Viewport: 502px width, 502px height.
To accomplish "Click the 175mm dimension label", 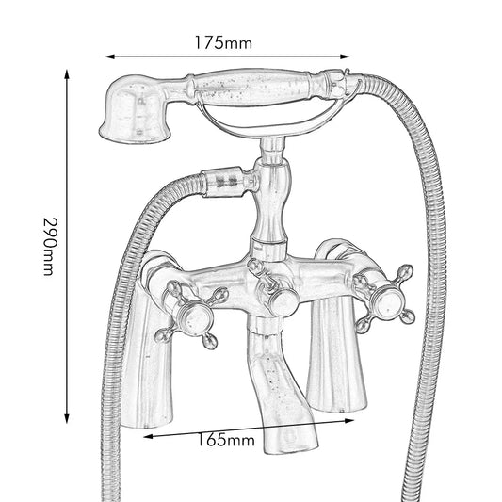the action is tap(223, 43).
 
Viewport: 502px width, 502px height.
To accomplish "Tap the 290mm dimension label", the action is tap(51, 246).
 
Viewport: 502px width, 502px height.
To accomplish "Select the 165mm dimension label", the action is tap(226, 440).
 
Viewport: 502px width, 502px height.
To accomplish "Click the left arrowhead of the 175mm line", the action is tap(110, 57).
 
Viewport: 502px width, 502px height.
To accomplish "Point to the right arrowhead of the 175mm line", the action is tap(345, 57).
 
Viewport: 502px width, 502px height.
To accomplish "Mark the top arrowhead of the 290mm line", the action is tap(67, 74).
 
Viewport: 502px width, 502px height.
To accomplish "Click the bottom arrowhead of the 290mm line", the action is tap(67, 418).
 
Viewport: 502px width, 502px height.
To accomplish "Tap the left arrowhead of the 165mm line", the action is tap(148, 436).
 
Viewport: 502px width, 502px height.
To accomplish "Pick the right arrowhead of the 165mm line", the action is tap(349, 421).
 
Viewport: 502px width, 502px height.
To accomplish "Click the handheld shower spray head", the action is tap(135, 109).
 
